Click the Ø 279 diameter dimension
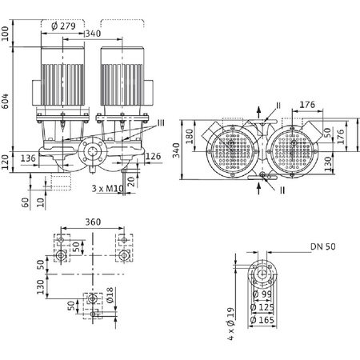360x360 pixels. (x=65, y=26)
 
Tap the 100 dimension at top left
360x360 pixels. (x=6, y=33)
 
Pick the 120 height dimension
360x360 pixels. (x=6, y=163)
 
